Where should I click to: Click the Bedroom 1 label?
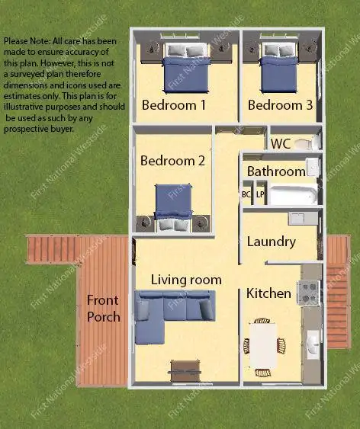173,105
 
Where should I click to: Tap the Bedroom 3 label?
280,105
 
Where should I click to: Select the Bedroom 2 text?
172,161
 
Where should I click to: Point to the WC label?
280,143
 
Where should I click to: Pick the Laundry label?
271,242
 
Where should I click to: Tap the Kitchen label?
268,293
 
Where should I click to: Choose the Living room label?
186,280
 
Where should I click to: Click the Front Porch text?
103,308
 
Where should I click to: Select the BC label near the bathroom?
246,194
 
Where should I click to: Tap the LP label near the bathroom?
259,194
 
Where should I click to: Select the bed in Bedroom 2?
173,204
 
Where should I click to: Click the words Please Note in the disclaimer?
21,40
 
